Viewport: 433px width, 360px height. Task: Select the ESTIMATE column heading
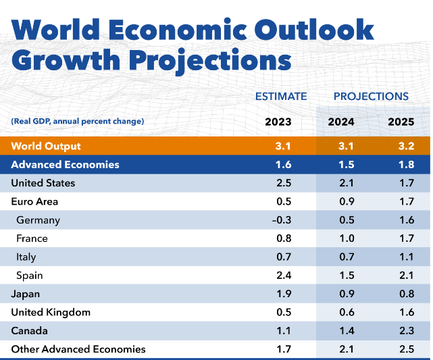click(x=281, y=97)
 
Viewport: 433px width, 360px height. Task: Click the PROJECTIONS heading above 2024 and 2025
click(x=371, y=97)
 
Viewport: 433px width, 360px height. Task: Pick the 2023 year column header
click(x=279, y=122)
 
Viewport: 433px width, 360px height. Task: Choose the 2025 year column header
click(x=401, y=122)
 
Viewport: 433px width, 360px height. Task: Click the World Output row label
click(x=46, y=147)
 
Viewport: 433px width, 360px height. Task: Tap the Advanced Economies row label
click(x=66, y=165)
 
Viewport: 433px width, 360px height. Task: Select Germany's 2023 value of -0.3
click(x=280, y=220)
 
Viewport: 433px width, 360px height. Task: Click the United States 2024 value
click(x=346, y=183)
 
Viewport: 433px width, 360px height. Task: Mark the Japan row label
click(x=26, y=294)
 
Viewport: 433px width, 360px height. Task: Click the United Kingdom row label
click(x=51, y=313)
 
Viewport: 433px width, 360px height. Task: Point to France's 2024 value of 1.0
click(x=346, y=238)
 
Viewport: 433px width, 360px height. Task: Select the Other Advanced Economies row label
click(x=78, y=349)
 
